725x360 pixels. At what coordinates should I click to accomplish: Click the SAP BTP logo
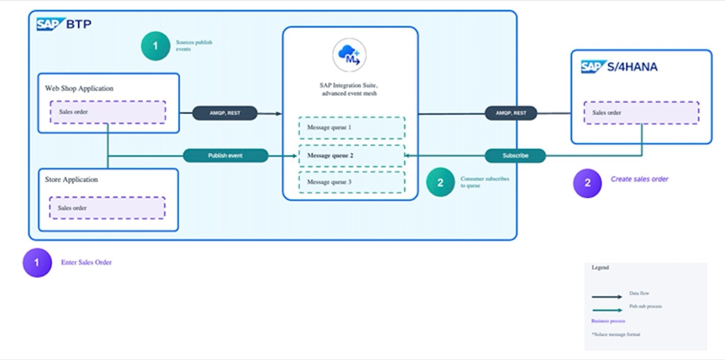[64, 24]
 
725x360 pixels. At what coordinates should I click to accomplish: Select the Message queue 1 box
[352, 127]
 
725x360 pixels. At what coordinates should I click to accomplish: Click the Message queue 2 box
[352, 155]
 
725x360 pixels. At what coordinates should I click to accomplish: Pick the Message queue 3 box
[352, 182]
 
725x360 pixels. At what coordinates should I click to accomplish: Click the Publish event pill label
[226, 155]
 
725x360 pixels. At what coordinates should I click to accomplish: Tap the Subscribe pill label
[515, 155]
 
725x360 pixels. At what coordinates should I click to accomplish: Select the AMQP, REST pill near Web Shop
[225, 113]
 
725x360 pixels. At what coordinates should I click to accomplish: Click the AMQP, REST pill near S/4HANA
[510, 113]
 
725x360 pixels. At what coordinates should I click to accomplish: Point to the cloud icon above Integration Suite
[349, 55]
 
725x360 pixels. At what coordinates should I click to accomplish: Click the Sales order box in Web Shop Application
[108, 112]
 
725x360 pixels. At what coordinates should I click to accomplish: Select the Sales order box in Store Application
[107, 208]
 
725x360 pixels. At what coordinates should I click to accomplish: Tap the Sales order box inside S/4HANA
[641, 113]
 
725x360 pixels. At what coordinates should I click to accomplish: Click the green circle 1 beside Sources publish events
[155, 46]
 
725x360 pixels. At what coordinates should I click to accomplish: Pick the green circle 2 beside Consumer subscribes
[440, 182]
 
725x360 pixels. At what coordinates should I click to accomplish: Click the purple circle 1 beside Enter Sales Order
[37, 263]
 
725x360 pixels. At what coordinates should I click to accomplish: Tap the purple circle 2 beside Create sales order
[587, 183]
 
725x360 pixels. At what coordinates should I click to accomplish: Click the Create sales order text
[639, 179]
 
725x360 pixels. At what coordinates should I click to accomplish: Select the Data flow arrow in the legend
[606, 297]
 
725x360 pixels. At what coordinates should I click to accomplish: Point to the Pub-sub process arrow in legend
[606, 310]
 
